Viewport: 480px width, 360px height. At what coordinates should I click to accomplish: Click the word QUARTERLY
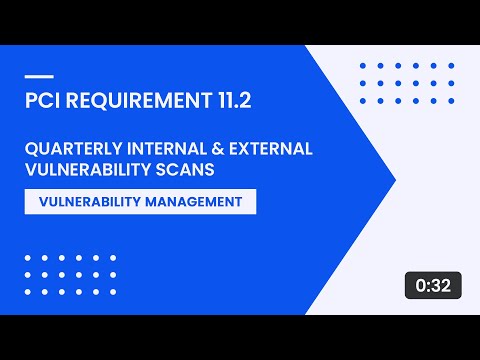[71, 149]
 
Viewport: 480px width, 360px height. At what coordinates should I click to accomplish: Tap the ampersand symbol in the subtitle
[222, 149]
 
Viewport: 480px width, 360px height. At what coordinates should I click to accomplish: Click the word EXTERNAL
[273, 149]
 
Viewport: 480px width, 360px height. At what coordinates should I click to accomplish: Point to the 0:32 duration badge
[433, 285]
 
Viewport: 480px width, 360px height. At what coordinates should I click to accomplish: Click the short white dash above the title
[38, 76]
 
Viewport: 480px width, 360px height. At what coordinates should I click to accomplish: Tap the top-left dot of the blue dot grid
[362, 66]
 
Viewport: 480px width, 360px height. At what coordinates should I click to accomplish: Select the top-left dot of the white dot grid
[27, 257]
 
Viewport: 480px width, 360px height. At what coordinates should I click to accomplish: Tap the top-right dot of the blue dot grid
[449, 66]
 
